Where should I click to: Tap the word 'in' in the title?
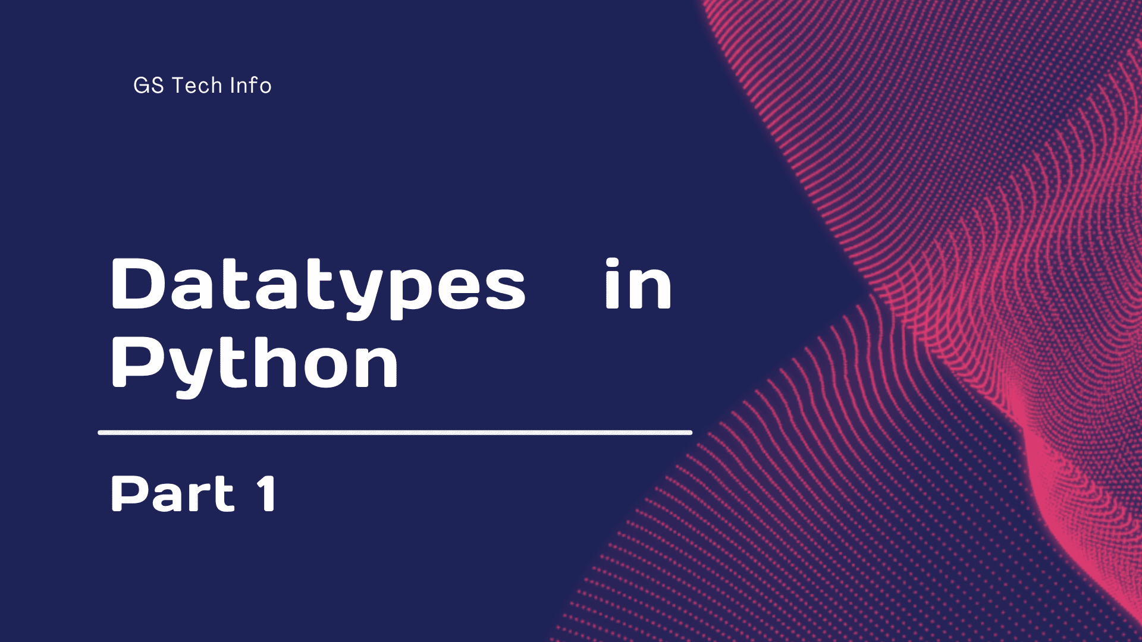pos(638,284)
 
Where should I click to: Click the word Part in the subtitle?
pos(172,493)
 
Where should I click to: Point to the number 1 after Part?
pos(267,493)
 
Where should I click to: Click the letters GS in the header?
pos(148,86)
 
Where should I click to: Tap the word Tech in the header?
pos(197,86)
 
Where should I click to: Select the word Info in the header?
pos(250,86)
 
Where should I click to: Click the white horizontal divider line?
pos(395,433)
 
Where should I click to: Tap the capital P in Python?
pos(135,361)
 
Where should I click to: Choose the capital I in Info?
pos(233,86)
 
